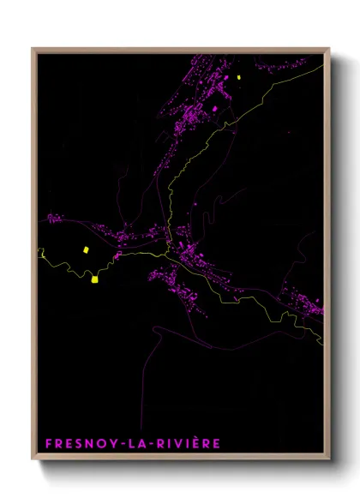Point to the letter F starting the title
tap(48, 444)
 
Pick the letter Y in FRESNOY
tap(114, 444)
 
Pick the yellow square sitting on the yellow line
tap(93, 278)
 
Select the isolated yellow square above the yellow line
tap(85, 249)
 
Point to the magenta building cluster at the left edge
tap(54, 219)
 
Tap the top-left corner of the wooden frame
tap(33, 49)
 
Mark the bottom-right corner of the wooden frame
tap(329, 459)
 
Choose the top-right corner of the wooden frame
tap(329, 49)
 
